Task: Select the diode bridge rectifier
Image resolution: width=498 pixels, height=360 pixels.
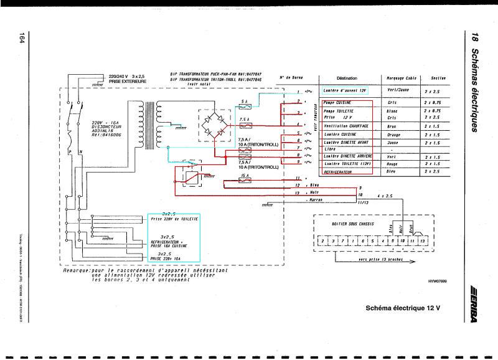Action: (213, 123)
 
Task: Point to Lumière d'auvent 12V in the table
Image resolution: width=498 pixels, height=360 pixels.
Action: (346, 91)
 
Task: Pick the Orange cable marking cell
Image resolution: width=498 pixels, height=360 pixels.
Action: (392, 135)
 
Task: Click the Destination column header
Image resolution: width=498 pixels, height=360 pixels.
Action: (346, 78)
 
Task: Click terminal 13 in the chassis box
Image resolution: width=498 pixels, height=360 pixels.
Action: (422, 240)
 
